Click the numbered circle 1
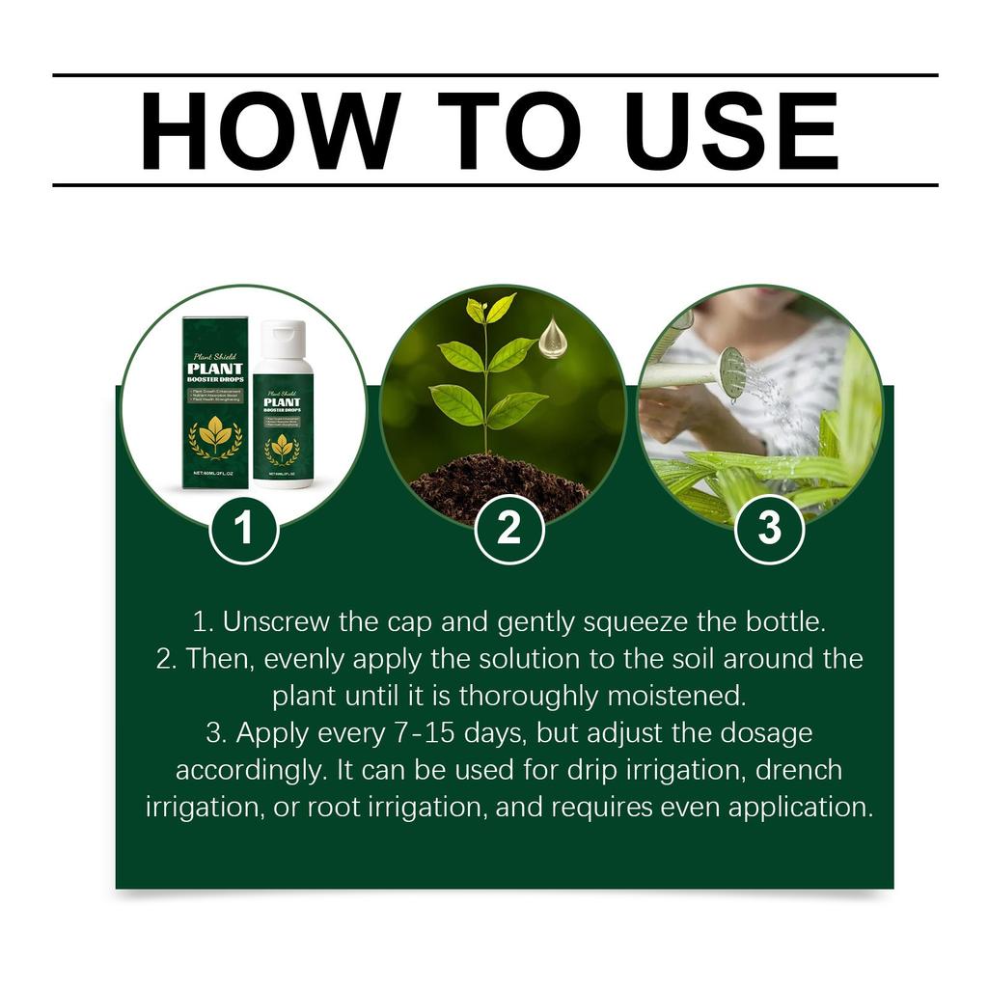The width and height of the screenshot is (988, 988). (244, 529)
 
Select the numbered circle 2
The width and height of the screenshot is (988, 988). (508, 529)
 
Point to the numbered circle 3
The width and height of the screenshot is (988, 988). (769, 529)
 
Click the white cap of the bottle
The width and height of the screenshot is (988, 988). (283, 339)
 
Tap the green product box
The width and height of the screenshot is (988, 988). (215, 405)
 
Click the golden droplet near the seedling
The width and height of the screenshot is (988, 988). (552, 339)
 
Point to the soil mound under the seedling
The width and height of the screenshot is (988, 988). (499, 487)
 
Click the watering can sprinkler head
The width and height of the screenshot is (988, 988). (733, 372)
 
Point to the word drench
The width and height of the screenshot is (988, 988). (799, 770)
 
